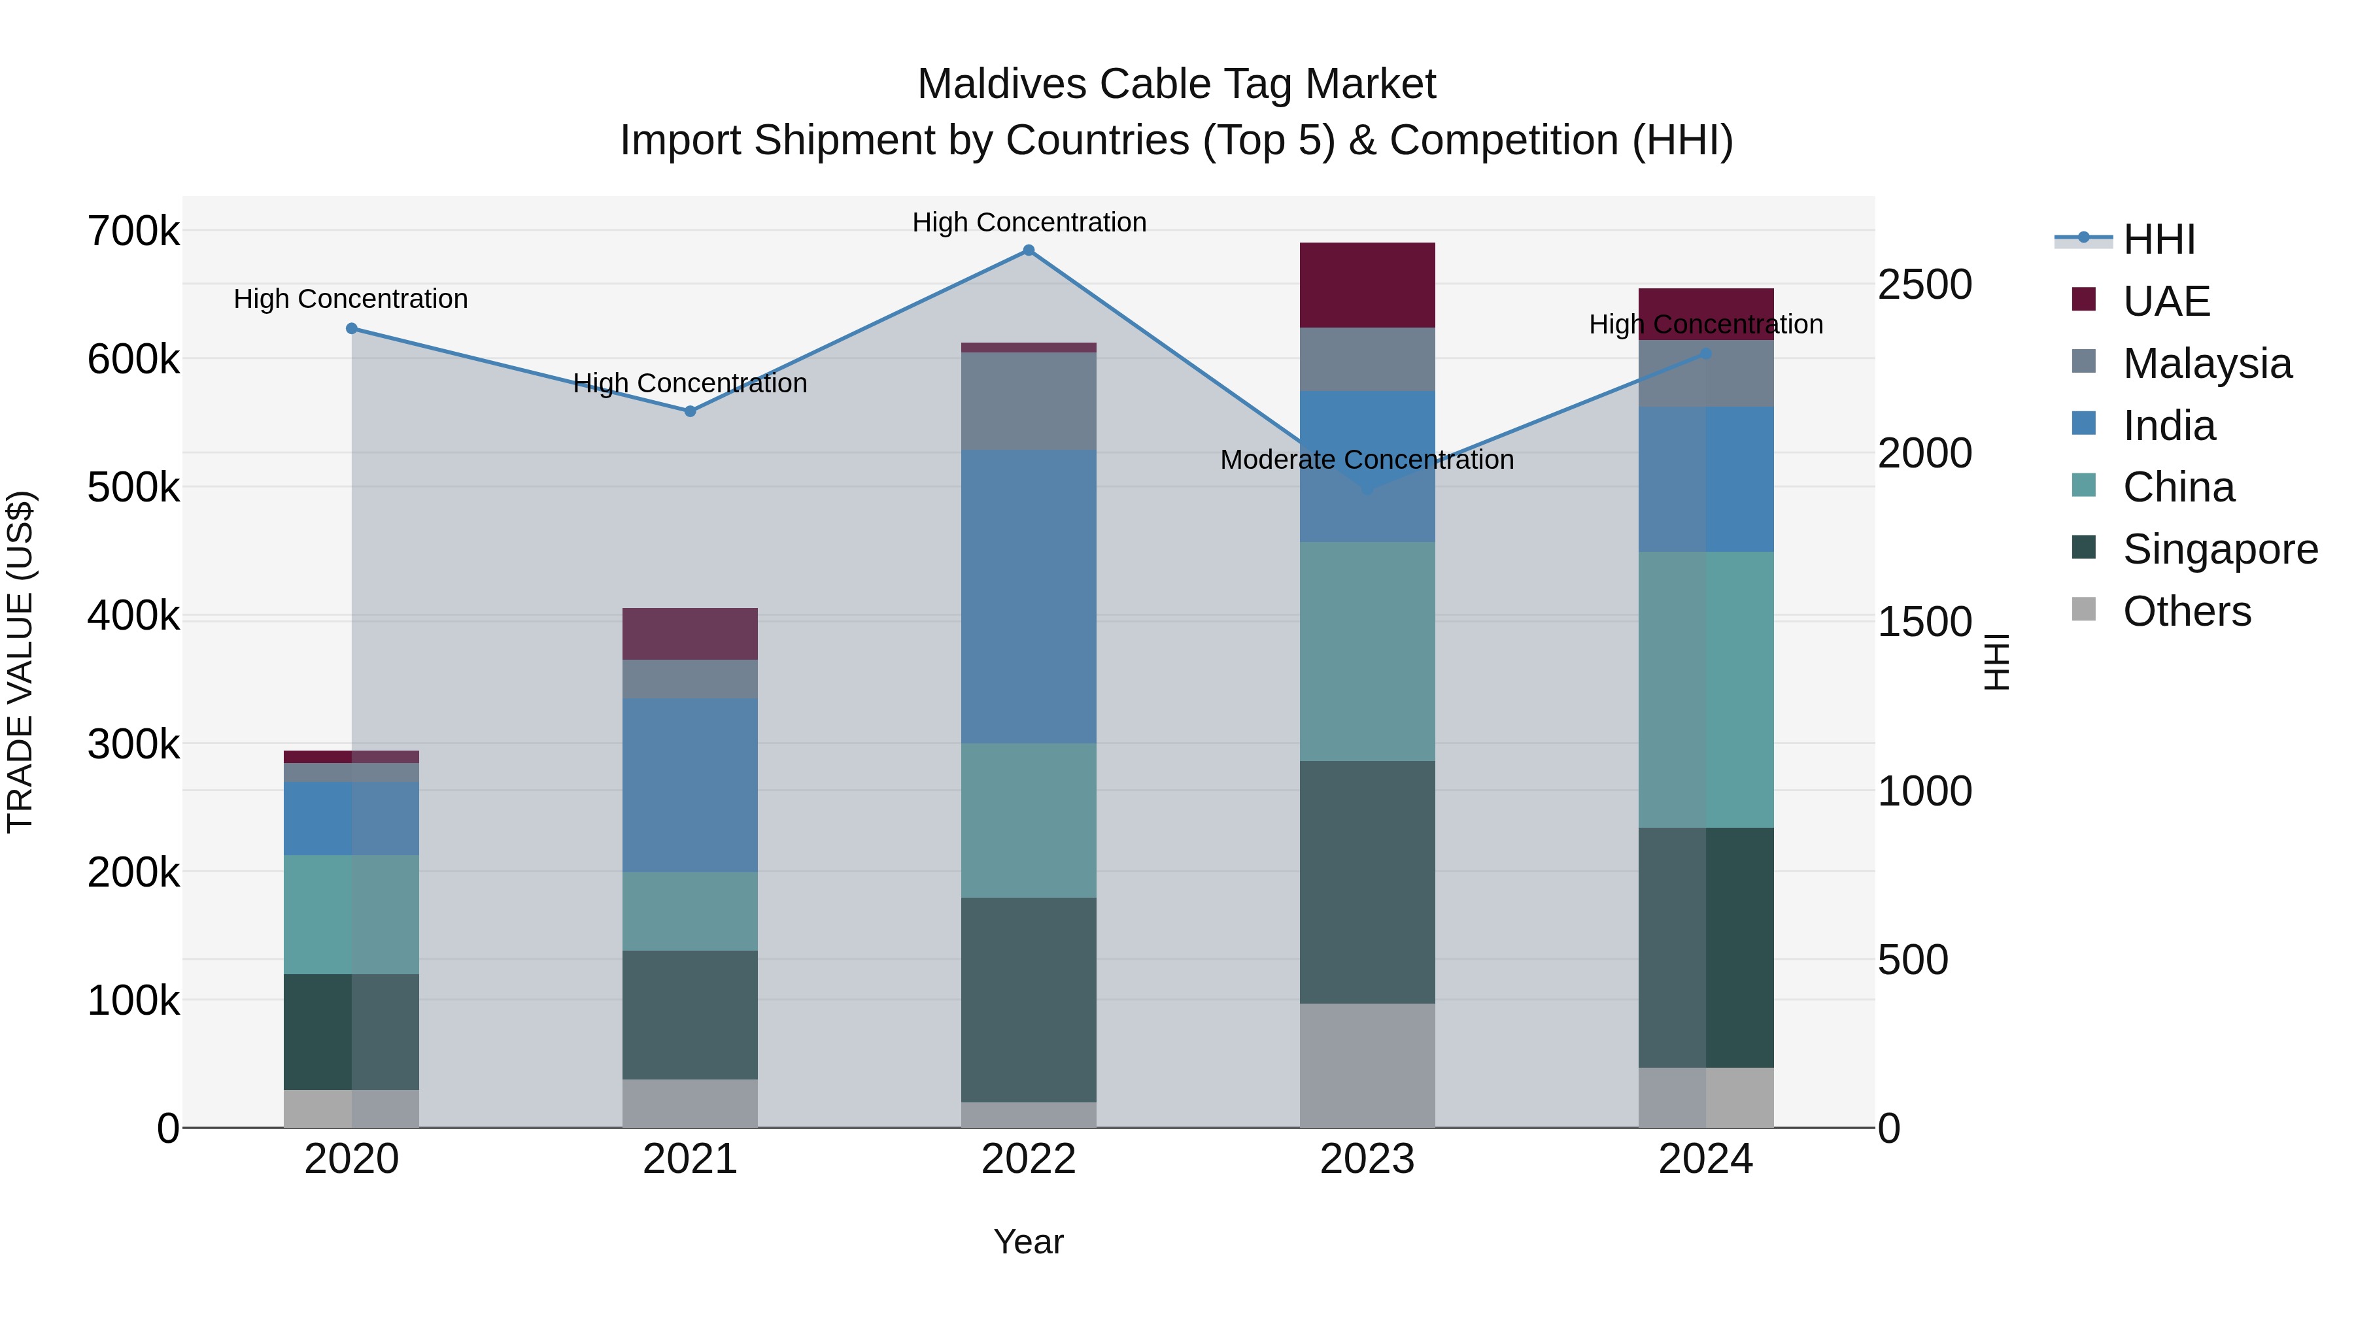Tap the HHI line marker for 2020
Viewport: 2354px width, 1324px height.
tap(352, 329)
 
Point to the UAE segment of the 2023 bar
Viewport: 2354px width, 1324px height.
tap(1367, 285)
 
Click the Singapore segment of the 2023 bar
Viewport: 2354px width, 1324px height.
tap(1367, 882)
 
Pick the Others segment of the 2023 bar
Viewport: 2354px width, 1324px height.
tap(1367, 1066)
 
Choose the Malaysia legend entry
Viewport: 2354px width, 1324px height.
tap(2207, 364)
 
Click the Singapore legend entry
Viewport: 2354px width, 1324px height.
tap(2220, 549)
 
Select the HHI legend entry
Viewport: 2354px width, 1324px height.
tap(2158, 239)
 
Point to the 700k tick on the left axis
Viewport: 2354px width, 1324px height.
tap(133, 231)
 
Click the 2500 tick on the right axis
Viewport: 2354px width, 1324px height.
tap(1924, 284)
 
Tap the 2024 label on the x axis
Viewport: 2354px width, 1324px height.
tap(1705, 1159)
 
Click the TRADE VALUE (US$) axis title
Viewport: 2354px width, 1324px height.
tap(20, 662)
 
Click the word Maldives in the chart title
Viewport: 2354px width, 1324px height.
tap(1002, 84)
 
